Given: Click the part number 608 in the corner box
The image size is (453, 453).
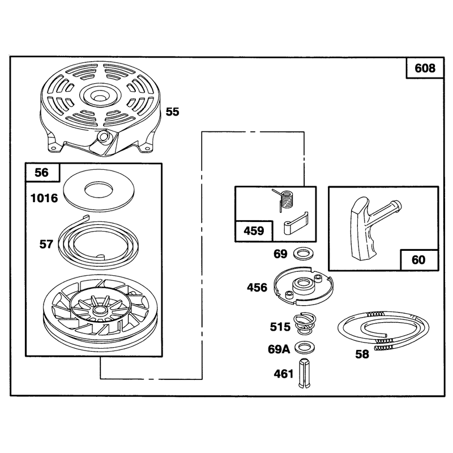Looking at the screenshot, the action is click(425, 68).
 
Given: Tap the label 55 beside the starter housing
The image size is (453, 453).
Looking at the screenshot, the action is click(173, 112).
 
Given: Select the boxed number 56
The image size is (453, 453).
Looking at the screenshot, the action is click(41, 173).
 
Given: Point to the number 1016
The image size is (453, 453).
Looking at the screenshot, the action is click(44, 198).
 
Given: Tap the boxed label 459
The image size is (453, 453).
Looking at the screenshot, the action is click(254, 231).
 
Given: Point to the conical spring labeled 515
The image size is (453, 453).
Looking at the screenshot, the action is click(305, 323).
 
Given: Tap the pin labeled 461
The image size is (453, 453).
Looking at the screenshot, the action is click(304, 373).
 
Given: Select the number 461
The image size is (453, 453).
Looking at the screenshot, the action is click(284, 374).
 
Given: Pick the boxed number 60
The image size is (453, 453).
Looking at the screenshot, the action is click(418, 260).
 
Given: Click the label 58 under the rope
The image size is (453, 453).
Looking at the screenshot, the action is click(362, 354).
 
